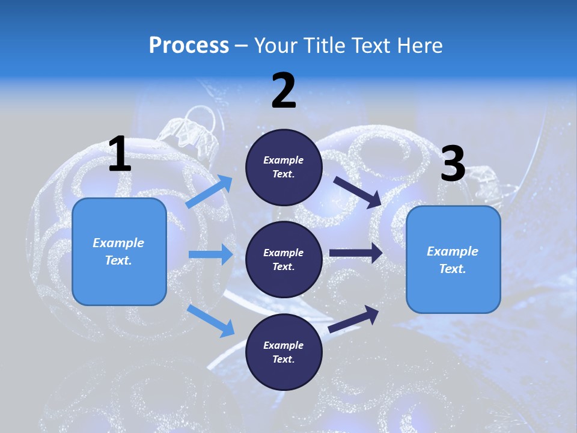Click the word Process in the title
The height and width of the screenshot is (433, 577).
pos(189,46)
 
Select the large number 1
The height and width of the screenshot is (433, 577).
pos(120,155)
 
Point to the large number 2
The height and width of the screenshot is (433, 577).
pos(284,91)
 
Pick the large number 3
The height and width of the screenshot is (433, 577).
pos(453,164)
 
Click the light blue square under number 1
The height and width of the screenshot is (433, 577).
pos(119,251)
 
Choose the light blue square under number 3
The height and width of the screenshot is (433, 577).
pos(453,259)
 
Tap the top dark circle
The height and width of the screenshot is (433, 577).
pos(284,167)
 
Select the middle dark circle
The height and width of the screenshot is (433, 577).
pos(284,259)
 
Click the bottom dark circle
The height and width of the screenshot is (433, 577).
pos(284,352)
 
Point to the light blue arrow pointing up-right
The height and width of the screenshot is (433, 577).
pos(209,192)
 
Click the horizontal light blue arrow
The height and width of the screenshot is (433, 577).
pos(210,254)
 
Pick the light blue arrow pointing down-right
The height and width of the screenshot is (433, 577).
pos(210,321)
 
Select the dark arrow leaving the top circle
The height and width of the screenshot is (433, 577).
pos(357,192)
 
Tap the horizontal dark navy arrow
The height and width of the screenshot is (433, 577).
pos(356,253)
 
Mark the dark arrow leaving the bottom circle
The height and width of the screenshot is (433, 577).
pos(353,319)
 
